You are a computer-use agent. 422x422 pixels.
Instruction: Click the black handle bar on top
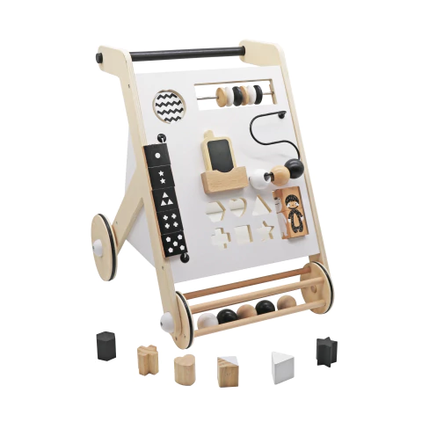click(185, 54)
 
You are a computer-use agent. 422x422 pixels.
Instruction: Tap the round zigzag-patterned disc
click(170, 106)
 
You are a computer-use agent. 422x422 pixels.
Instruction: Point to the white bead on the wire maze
click(258, 179)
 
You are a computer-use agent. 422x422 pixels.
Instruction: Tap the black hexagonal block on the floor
click(106, 346)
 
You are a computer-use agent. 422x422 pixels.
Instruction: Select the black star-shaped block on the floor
click(328, 352)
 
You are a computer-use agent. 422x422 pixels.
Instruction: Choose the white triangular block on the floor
click(282, 367)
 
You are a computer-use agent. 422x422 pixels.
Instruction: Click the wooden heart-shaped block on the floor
click(186, 369)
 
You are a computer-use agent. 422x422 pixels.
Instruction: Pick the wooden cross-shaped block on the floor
click(148, 360)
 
